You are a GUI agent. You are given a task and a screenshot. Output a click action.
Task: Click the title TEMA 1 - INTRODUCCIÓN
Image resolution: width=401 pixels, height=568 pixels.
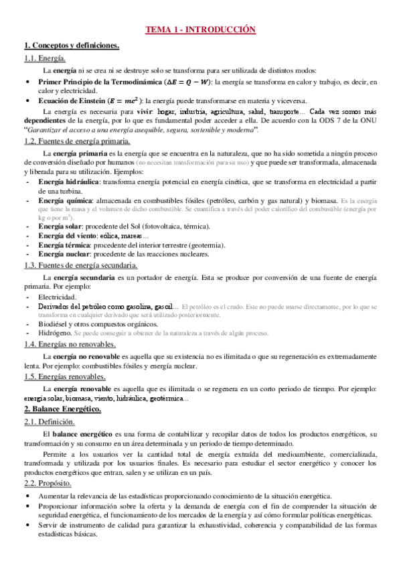click(202, 30)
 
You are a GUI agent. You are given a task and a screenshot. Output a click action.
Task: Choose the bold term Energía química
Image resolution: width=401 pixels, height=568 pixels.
click(65, 200)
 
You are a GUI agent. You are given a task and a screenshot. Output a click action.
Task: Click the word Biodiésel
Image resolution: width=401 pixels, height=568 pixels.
click(55, 322)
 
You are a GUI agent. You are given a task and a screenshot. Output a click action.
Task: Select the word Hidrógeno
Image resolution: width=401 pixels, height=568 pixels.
click(55, 333)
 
